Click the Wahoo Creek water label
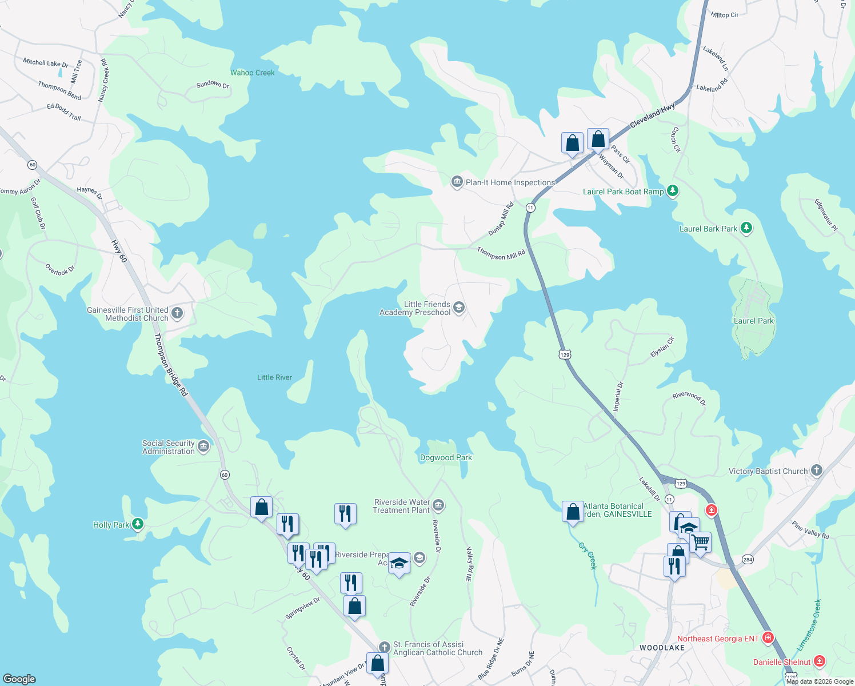[x=252, y=73]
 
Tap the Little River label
[x=274, y=377]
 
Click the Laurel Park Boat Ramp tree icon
[x=673, y=191]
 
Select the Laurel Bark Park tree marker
[x=746, y=228]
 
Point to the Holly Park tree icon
[x=137, y=524]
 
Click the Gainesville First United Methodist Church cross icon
[x=177, y=313]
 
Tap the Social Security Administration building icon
[x=203, y=446]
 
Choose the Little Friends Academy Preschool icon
[x=458, y=308]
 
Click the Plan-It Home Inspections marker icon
[x=457, y=182]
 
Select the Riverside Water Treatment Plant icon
[x=438, y=505]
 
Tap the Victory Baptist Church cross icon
[x=817, y=470]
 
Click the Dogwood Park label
[x=446, y=457]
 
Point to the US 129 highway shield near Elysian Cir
[x=565, y=354]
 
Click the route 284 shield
[x=747, y=559]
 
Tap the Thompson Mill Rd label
[x=501, y=253]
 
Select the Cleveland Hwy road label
[x=653, y=115]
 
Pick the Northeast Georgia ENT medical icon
[x=768, y=637]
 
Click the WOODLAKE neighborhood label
[x=662, y=648]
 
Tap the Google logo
[x=19, y=679]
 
